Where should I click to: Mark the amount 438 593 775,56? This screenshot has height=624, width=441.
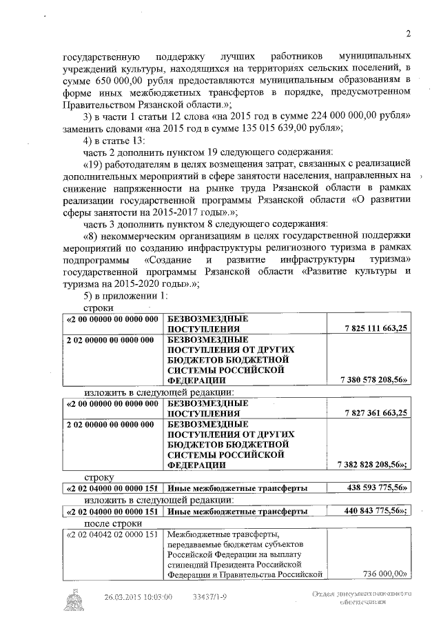(x=376, y=488)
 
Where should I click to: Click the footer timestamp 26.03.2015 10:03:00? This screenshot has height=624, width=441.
(x=138, y=597)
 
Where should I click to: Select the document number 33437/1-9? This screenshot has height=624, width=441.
(x=209, y=597)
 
